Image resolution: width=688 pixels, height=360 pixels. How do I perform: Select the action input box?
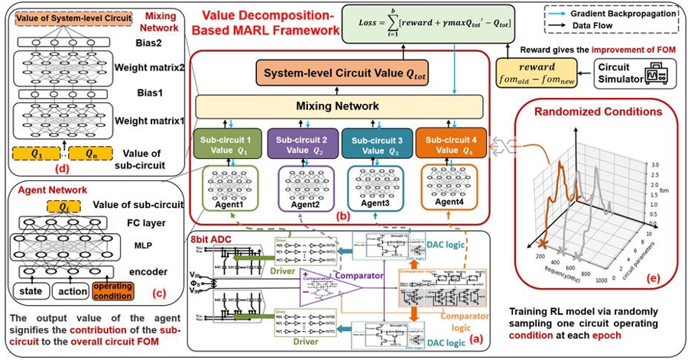(69, 290)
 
